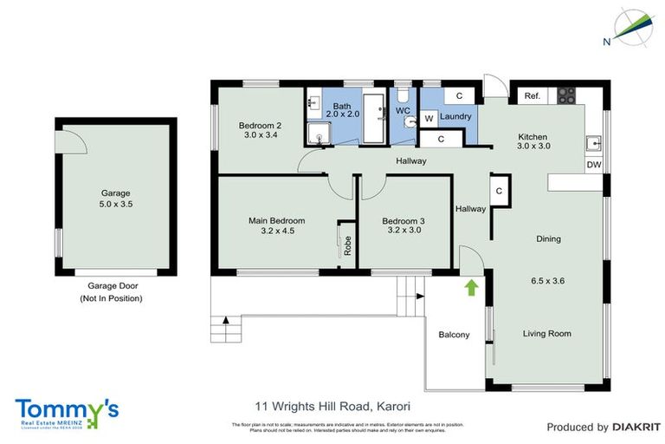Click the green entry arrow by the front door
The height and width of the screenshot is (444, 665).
point(471,288)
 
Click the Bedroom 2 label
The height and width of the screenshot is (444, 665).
point(260,125)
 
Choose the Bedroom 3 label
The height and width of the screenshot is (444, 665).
point(404,221)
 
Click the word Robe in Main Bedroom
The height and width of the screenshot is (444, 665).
point(347,245)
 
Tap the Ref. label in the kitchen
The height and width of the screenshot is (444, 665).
point(532,96)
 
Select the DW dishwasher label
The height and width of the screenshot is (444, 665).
point(593,165)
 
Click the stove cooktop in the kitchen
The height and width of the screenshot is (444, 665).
point(566,95)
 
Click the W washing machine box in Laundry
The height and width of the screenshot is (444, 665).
point(429,118)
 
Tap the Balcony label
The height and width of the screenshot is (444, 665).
point(454,335)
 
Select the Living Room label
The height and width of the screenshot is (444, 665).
point(546,333)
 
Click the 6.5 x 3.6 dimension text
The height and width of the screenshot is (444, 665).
point(547,280)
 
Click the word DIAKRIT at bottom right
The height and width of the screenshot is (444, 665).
point(636,427)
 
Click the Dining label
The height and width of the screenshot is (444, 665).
point(548,238)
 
